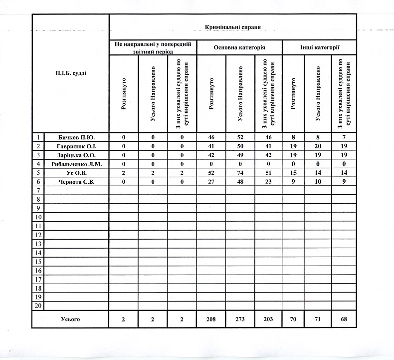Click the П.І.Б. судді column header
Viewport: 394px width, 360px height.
70,73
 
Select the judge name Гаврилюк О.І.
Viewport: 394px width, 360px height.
76,146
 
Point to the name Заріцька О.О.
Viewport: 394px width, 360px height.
76,155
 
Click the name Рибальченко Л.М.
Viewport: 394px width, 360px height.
76,164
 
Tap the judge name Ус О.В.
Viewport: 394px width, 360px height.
76,173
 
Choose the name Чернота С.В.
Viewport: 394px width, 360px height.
76,182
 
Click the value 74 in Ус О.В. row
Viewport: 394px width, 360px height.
240,173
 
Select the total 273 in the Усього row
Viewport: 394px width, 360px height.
240,319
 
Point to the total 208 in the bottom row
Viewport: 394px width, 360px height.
212,319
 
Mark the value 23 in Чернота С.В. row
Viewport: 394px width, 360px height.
268,182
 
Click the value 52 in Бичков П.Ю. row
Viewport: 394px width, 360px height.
240,137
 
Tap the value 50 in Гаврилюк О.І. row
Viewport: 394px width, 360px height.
240,146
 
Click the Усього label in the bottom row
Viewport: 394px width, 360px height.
70,319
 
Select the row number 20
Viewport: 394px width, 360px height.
38,306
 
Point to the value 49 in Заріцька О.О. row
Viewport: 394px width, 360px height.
240,155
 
